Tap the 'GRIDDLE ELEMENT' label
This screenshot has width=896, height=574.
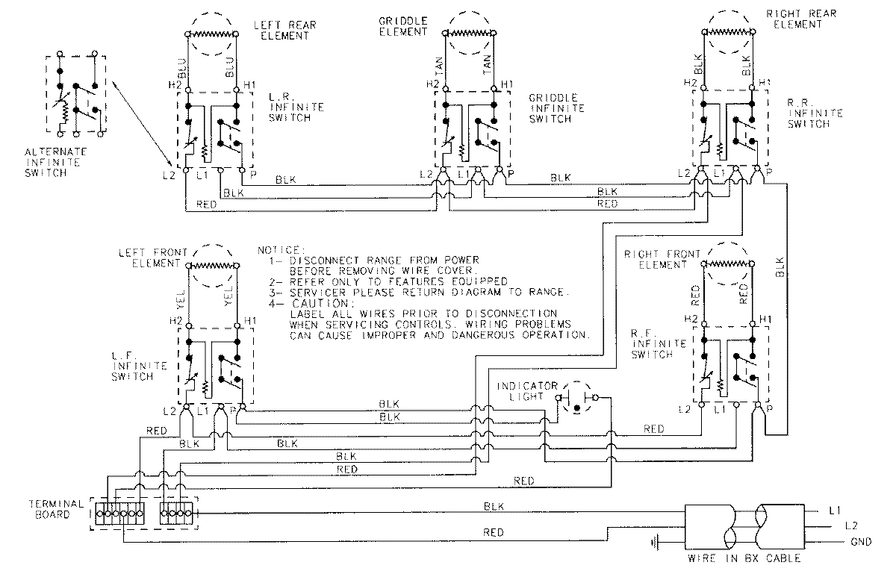(403, 28)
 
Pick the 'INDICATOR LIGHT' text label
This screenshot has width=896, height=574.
(528, 390)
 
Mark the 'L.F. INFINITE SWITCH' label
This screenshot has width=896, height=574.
(134, 366)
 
